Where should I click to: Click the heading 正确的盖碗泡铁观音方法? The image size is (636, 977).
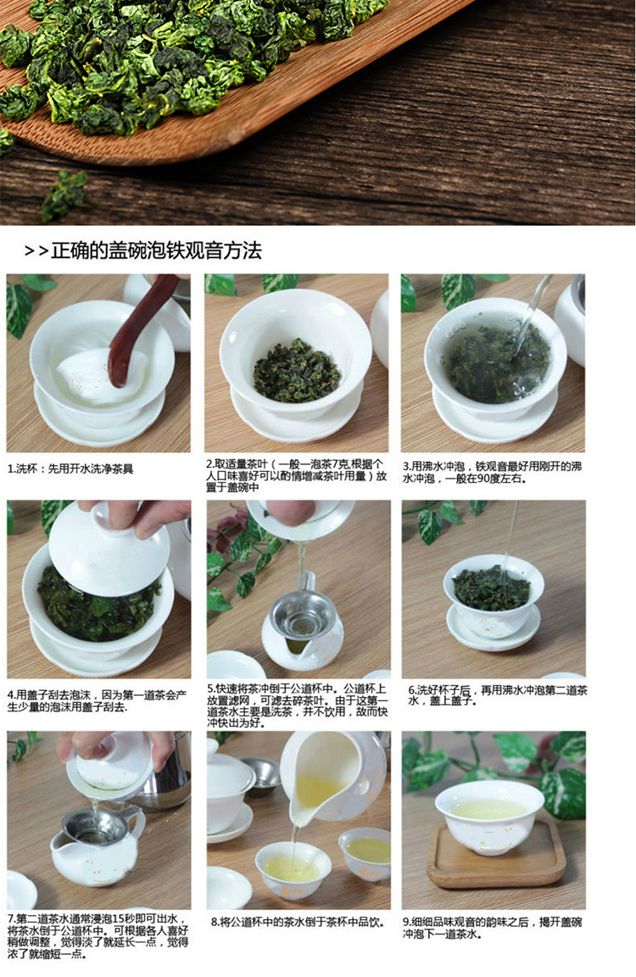(156, 250)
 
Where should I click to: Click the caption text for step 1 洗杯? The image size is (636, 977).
(70, 469)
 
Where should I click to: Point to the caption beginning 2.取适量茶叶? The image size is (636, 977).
(296, 475)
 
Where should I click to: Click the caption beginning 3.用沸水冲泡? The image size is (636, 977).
(492, 472)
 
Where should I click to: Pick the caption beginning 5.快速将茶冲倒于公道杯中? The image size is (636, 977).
(298, 706)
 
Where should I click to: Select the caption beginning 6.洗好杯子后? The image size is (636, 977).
(497, 695)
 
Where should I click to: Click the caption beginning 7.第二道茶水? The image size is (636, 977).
(98, 936)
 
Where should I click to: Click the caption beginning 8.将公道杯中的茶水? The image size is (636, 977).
(298, 922)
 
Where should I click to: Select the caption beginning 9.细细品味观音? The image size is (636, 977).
(492, 928)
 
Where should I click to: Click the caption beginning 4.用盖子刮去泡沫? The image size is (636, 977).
(97, 701)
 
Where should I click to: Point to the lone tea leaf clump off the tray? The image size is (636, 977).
(64, 194)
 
